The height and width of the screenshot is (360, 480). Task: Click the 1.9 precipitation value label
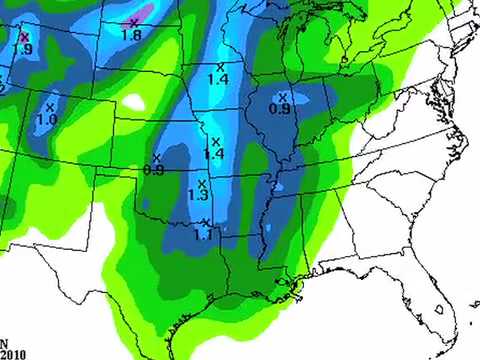pyautogui.click(x=23, y=49)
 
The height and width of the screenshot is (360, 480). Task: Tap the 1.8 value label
pyautogui.click(x=130, y=35)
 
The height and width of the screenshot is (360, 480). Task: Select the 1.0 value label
pyautogui.click(x=47, y=119)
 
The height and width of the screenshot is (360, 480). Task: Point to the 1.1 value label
pyautogui.click(x=203, y=234)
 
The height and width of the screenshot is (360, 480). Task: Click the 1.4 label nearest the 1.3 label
pyautogui.click(x=213, y=154)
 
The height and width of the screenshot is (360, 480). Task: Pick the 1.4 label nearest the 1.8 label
pyautogui.click(x=218, y=79)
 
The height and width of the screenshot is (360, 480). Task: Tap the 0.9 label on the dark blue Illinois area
pyautogui.click(x=280, y=108)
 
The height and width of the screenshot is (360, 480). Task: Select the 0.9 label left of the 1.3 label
pyautogui.click(x=154, y=170)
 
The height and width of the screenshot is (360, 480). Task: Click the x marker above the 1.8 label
pyautogui.click(x=134, y=21)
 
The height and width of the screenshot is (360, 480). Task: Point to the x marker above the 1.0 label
pyautogui.click(x=49, y=106)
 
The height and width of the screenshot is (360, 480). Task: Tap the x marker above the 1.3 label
pyautogui.click(x=201, y=183)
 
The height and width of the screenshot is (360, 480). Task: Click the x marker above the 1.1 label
pyautogui.click(x=205, y=222)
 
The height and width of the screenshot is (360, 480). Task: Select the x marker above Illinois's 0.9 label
pyautogui.click(x=283, y=96)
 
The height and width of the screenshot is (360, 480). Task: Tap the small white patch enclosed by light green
pyautogui.click(x=134, y=100)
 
